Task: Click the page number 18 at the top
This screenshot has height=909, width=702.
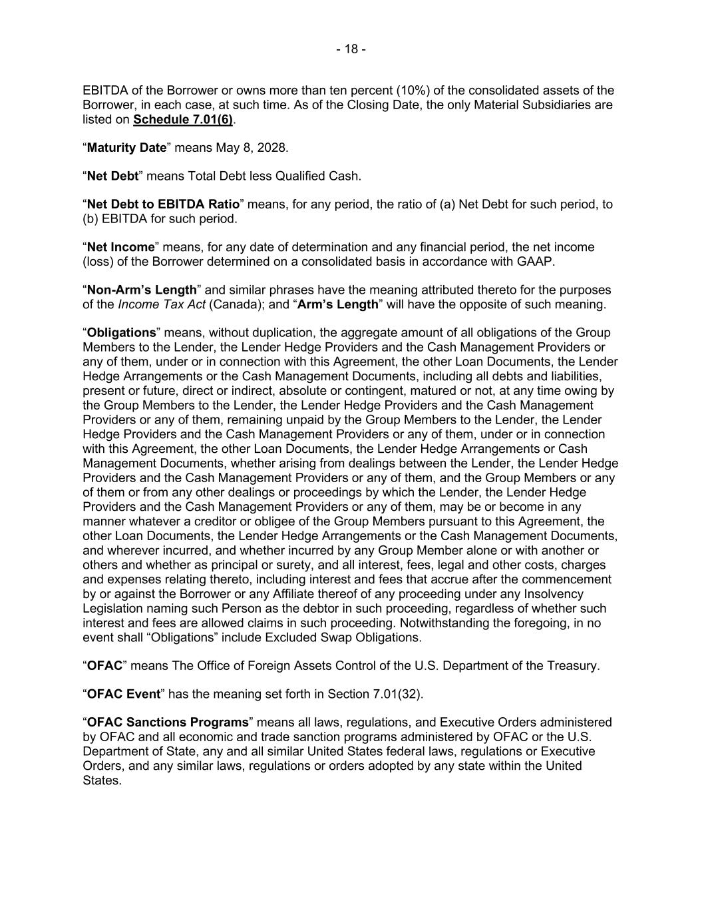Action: pos(351,49)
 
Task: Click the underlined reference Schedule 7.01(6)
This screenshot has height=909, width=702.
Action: pos(183,120)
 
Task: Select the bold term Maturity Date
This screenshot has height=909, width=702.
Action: pos(126,148)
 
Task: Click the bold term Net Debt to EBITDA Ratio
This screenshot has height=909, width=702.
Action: pos(163,204)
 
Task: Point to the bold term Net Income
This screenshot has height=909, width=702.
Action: pos(120,247)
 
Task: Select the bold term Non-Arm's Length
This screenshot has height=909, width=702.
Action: pos(142,290)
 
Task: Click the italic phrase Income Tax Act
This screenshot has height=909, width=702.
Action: pos(161,305)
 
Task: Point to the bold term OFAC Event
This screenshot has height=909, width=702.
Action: pos(124,694)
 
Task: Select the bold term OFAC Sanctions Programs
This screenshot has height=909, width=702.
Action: pos(168,723)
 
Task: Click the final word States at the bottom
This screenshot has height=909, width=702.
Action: pos(101,780)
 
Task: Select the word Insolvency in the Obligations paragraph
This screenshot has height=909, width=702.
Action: pos(550,594)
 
